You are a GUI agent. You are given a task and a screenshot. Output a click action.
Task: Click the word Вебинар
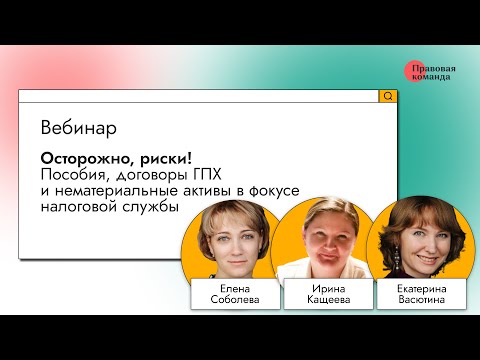coord(79,129)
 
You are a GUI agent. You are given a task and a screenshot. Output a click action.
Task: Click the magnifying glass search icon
coord(387,96)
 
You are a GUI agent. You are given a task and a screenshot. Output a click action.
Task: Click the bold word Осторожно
coord(85,159)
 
